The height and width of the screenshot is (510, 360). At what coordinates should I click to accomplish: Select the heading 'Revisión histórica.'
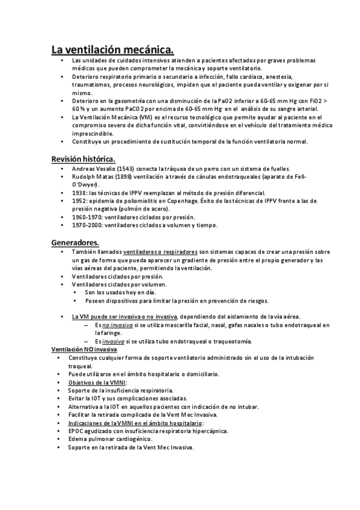point(83,158)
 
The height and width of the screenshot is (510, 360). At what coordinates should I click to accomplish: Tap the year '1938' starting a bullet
point(78,192)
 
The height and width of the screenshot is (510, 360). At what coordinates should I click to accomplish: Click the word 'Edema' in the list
point(78,439)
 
